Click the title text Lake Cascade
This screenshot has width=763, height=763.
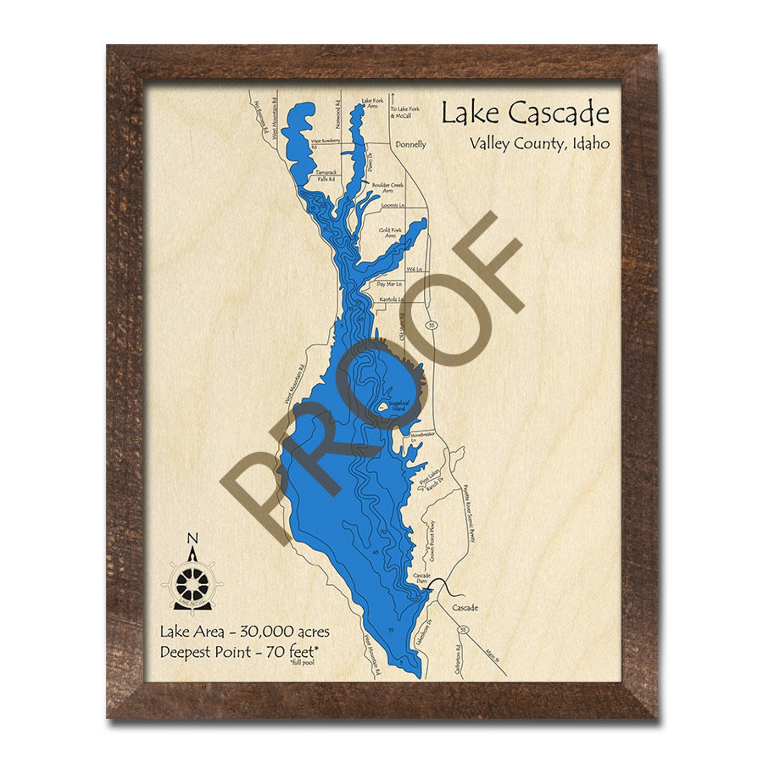point(525,114)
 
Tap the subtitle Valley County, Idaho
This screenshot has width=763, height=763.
point(540,143)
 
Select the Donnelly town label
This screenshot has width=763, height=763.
point(410,144)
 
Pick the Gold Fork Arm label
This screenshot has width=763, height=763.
point(390,233)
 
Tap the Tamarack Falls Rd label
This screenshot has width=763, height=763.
point(326,175)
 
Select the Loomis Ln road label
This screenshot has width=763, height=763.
point(393,205)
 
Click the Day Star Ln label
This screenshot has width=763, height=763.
point(389,284)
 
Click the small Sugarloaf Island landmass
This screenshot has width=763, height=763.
point(382,408)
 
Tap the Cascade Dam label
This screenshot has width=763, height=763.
point(421,578)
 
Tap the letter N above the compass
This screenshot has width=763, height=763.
point(192,538)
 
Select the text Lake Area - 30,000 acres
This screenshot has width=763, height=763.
point(245,631)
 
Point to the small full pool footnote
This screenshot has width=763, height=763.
point(302,663)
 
